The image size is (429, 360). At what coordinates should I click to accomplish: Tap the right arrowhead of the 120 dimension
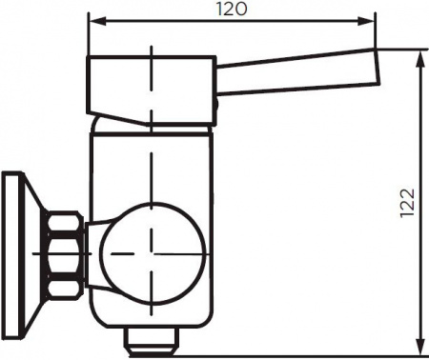(x=371, y=21)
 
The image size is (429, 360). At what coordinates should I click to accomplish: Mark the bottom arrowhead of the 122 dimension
(x=420, y=347)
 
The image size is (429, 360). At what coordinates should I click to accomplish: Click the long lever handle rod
(x=296, y=69)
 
